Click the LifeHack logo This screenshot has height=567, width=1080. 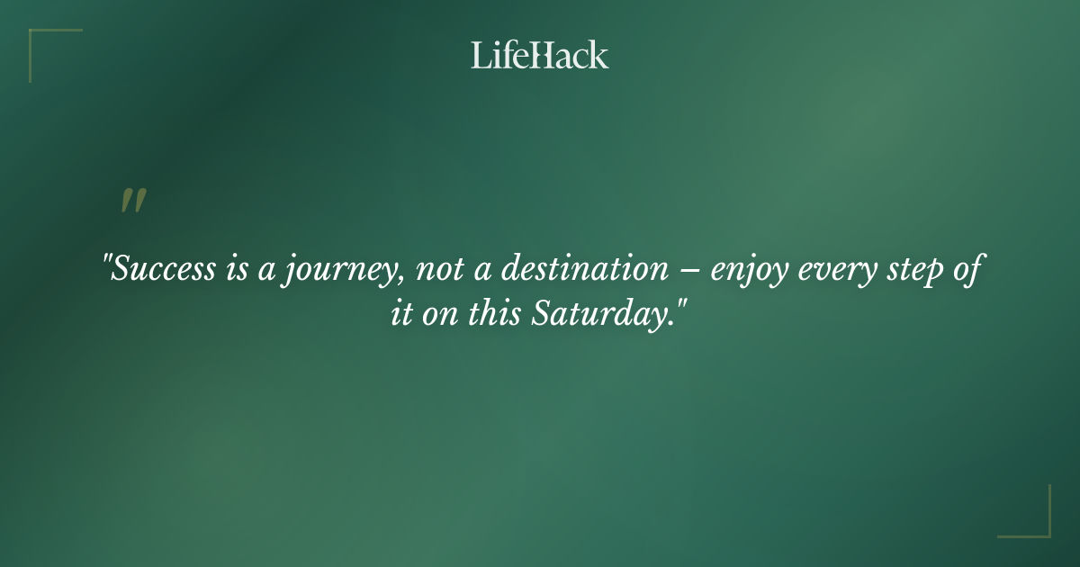[x=539, y=55]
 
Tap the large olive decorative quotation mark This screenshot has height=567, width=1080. [x=133, y=202]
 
